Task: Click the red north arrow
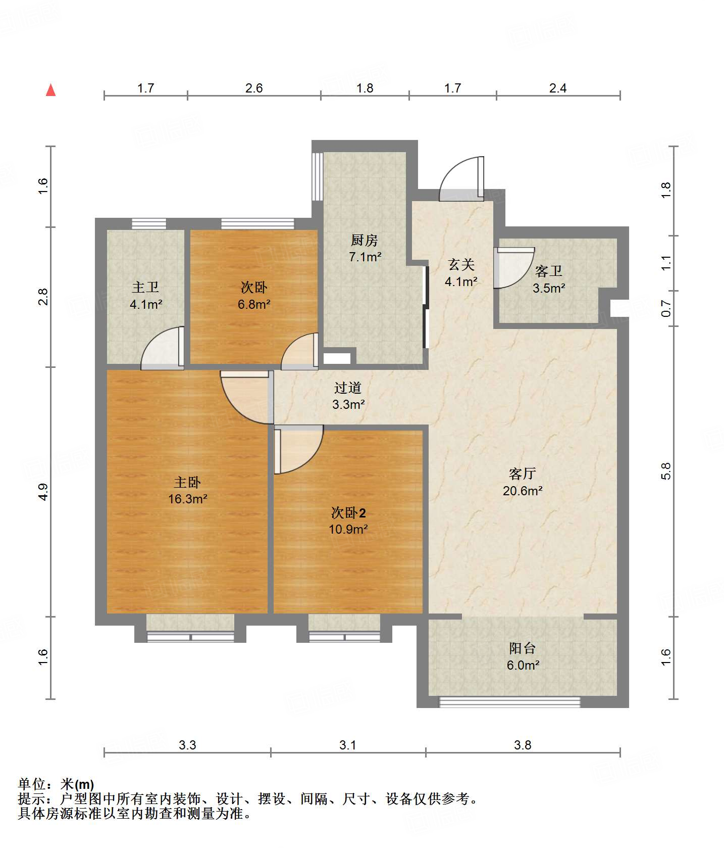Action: (50, 90)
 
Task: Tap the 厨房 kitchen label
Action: (364, 240)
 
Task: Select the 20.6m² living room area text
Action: (523, 490)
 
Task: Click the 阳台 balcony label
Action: (523, 648)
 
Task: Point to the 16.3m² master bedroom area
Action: (188, 499)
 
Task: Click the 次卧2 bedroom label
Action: (348, 513)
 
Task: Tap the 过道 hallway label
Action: (348, 388)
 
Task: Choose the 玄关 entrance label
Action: (461, 264)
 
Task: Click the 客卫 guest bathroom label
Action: (549, 271)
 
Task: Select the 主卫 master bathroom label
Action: (145, 288)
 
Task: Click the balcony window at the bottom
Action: (510, 701)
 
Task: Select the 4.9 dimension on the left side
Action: (43, 492)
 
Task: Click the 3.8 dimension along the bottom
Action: (523, 745)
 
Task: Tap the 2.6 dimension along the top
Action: (254, 88)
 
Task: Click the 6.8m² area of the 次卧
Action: (254, 304)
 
